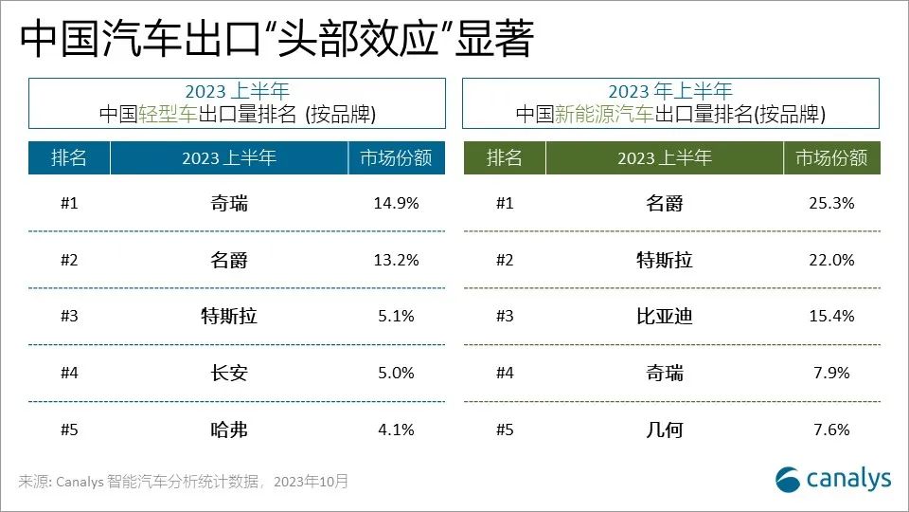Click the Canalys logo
pyautogui.click(x=833, y=479)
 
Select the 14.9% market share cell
pyautogui.click(x=397, y=203)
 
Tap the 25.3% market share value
pyautogui.click(x=831, y=203)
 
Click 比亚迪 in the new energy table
pyautogui.click(x=664, y=317)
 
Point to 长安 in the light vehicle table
pyautogui.click(x=228, y=374)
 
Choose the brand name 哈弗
pyautogui.click(x=228, y=430)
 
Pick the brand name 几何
pyautogui.click(x=664, y=430)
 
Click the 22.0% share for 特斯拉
pyautogui.click(x=831, y=260)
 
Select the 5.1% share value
pyautogui.click(x=397, y=317)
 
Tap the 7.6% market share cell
pyautogui.click(x=831, y=430)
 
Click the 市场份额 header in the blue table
pyautogui.click(x=397, y=158)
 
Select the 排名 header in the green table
pyautogui.click(x=505, y=158)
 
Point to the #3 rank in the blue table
pyautogui.click(x=69, y=317)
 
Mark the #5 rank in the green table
pyautogui.click(x=505, y=430)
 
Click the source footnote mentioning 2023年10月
pyautogui.click(x=184, y=482)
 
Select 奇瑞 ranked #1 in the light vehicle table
pyautogui.click(x=228, y=203)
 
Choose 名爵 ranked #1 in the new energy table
pyautogui.click(x=664, y=203)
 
